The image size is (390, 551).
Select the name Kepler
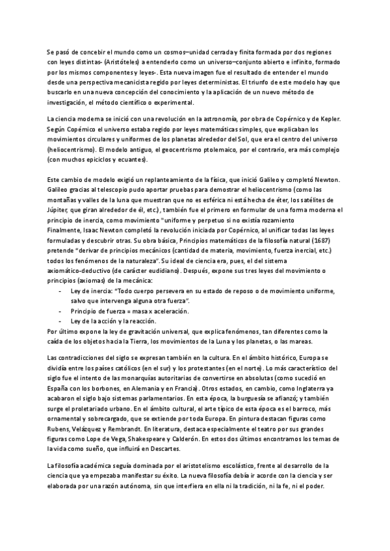[x=330, y=120]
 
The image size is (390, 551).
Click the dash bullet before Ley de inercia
[x=60, y=290]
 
